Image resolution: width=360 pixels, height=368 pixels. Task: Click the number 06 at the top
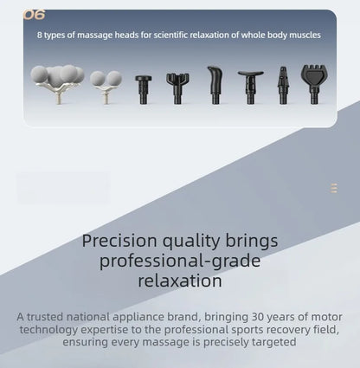point(34,15)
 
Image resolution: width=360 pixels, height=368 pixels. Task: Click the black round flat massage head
point(144,89)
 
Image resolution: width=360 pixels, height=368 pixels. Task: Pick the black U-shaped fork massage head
point(177,88)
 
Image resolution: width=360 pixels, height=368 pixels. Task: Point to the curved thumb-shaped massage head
point(215,85)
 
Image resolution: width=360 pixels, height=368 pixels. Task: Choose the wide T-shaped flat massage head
point(250,87)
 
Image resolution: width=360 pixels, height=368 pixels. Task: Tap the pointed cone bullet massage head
point(283,85)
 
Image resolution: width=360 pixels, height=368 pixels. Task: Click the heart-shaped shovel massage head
point(314,84)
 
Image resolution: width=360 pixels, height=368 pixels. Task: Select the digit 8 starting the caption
point(40,36)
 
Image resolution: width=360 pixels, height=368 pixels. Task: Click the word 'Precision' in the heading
point(119,241)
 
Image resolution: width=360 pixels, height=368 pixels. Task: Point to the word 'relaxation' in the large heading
point(180,281)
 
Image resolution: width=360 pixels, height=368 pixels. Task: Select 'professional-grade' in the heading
point(180,261)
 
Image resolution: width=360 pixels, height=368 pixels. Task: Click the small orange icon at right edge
point(334,188)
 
